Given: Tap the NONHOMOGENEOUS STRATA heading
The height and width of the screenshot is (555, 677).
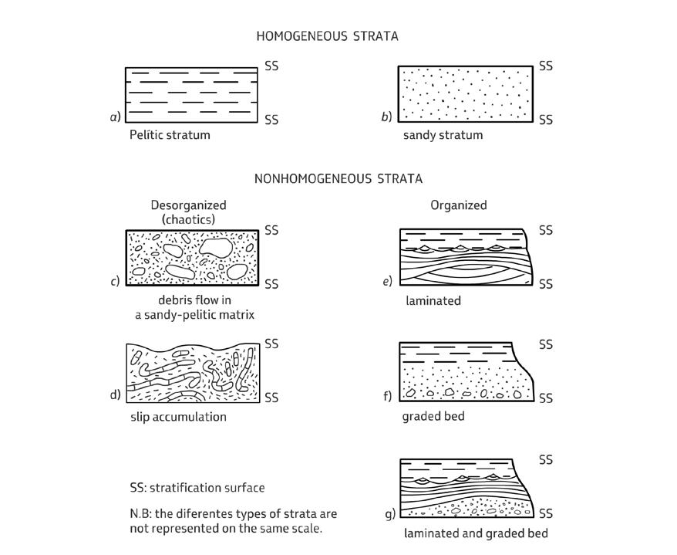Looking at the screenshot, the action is [338, 179].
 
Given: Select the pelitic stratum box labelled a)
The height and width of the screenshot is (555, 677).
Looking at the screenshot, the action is [192, 94].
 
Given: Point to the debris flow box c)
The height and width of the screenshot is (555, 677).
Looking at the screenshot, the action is [192, 259].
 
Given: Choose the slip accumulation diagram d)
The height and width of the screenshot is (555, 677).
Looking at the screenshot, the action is [192, 372].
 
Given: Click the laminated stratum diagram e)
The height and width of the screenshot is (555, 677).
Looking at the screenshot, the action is [463, 258].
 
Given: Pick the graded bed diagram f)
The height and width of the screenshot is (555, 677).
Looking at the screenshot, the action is [464, 373].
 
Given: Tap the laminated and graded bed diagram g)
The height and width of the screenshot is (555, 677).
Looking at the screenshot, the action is [463, 489].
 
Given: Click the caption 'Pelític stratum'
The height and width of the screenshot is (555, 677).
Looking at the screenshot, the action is [170, 135].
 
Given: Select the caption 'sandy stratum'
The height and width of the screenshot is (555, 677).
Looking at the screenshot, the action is [443, 136].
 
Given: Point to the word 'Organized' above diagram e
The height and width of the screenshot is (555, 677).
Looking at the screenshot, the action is [458, 205].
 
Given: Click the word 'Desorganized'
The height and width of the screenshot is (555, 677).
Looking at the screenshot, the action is [188, 205].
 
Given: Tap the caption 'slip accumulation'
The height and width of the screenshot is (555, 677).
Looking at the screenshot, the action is [178, 417].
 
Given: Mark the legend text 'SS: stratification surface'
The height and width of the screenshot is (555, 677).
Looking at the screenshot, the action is [197, 488].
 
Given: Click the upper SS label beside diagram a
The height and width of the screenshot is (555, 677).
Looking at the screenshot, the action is [271, 66].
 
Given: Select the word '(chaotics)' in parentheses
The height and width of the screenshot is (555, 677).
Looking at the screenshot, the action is [188, 219].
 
